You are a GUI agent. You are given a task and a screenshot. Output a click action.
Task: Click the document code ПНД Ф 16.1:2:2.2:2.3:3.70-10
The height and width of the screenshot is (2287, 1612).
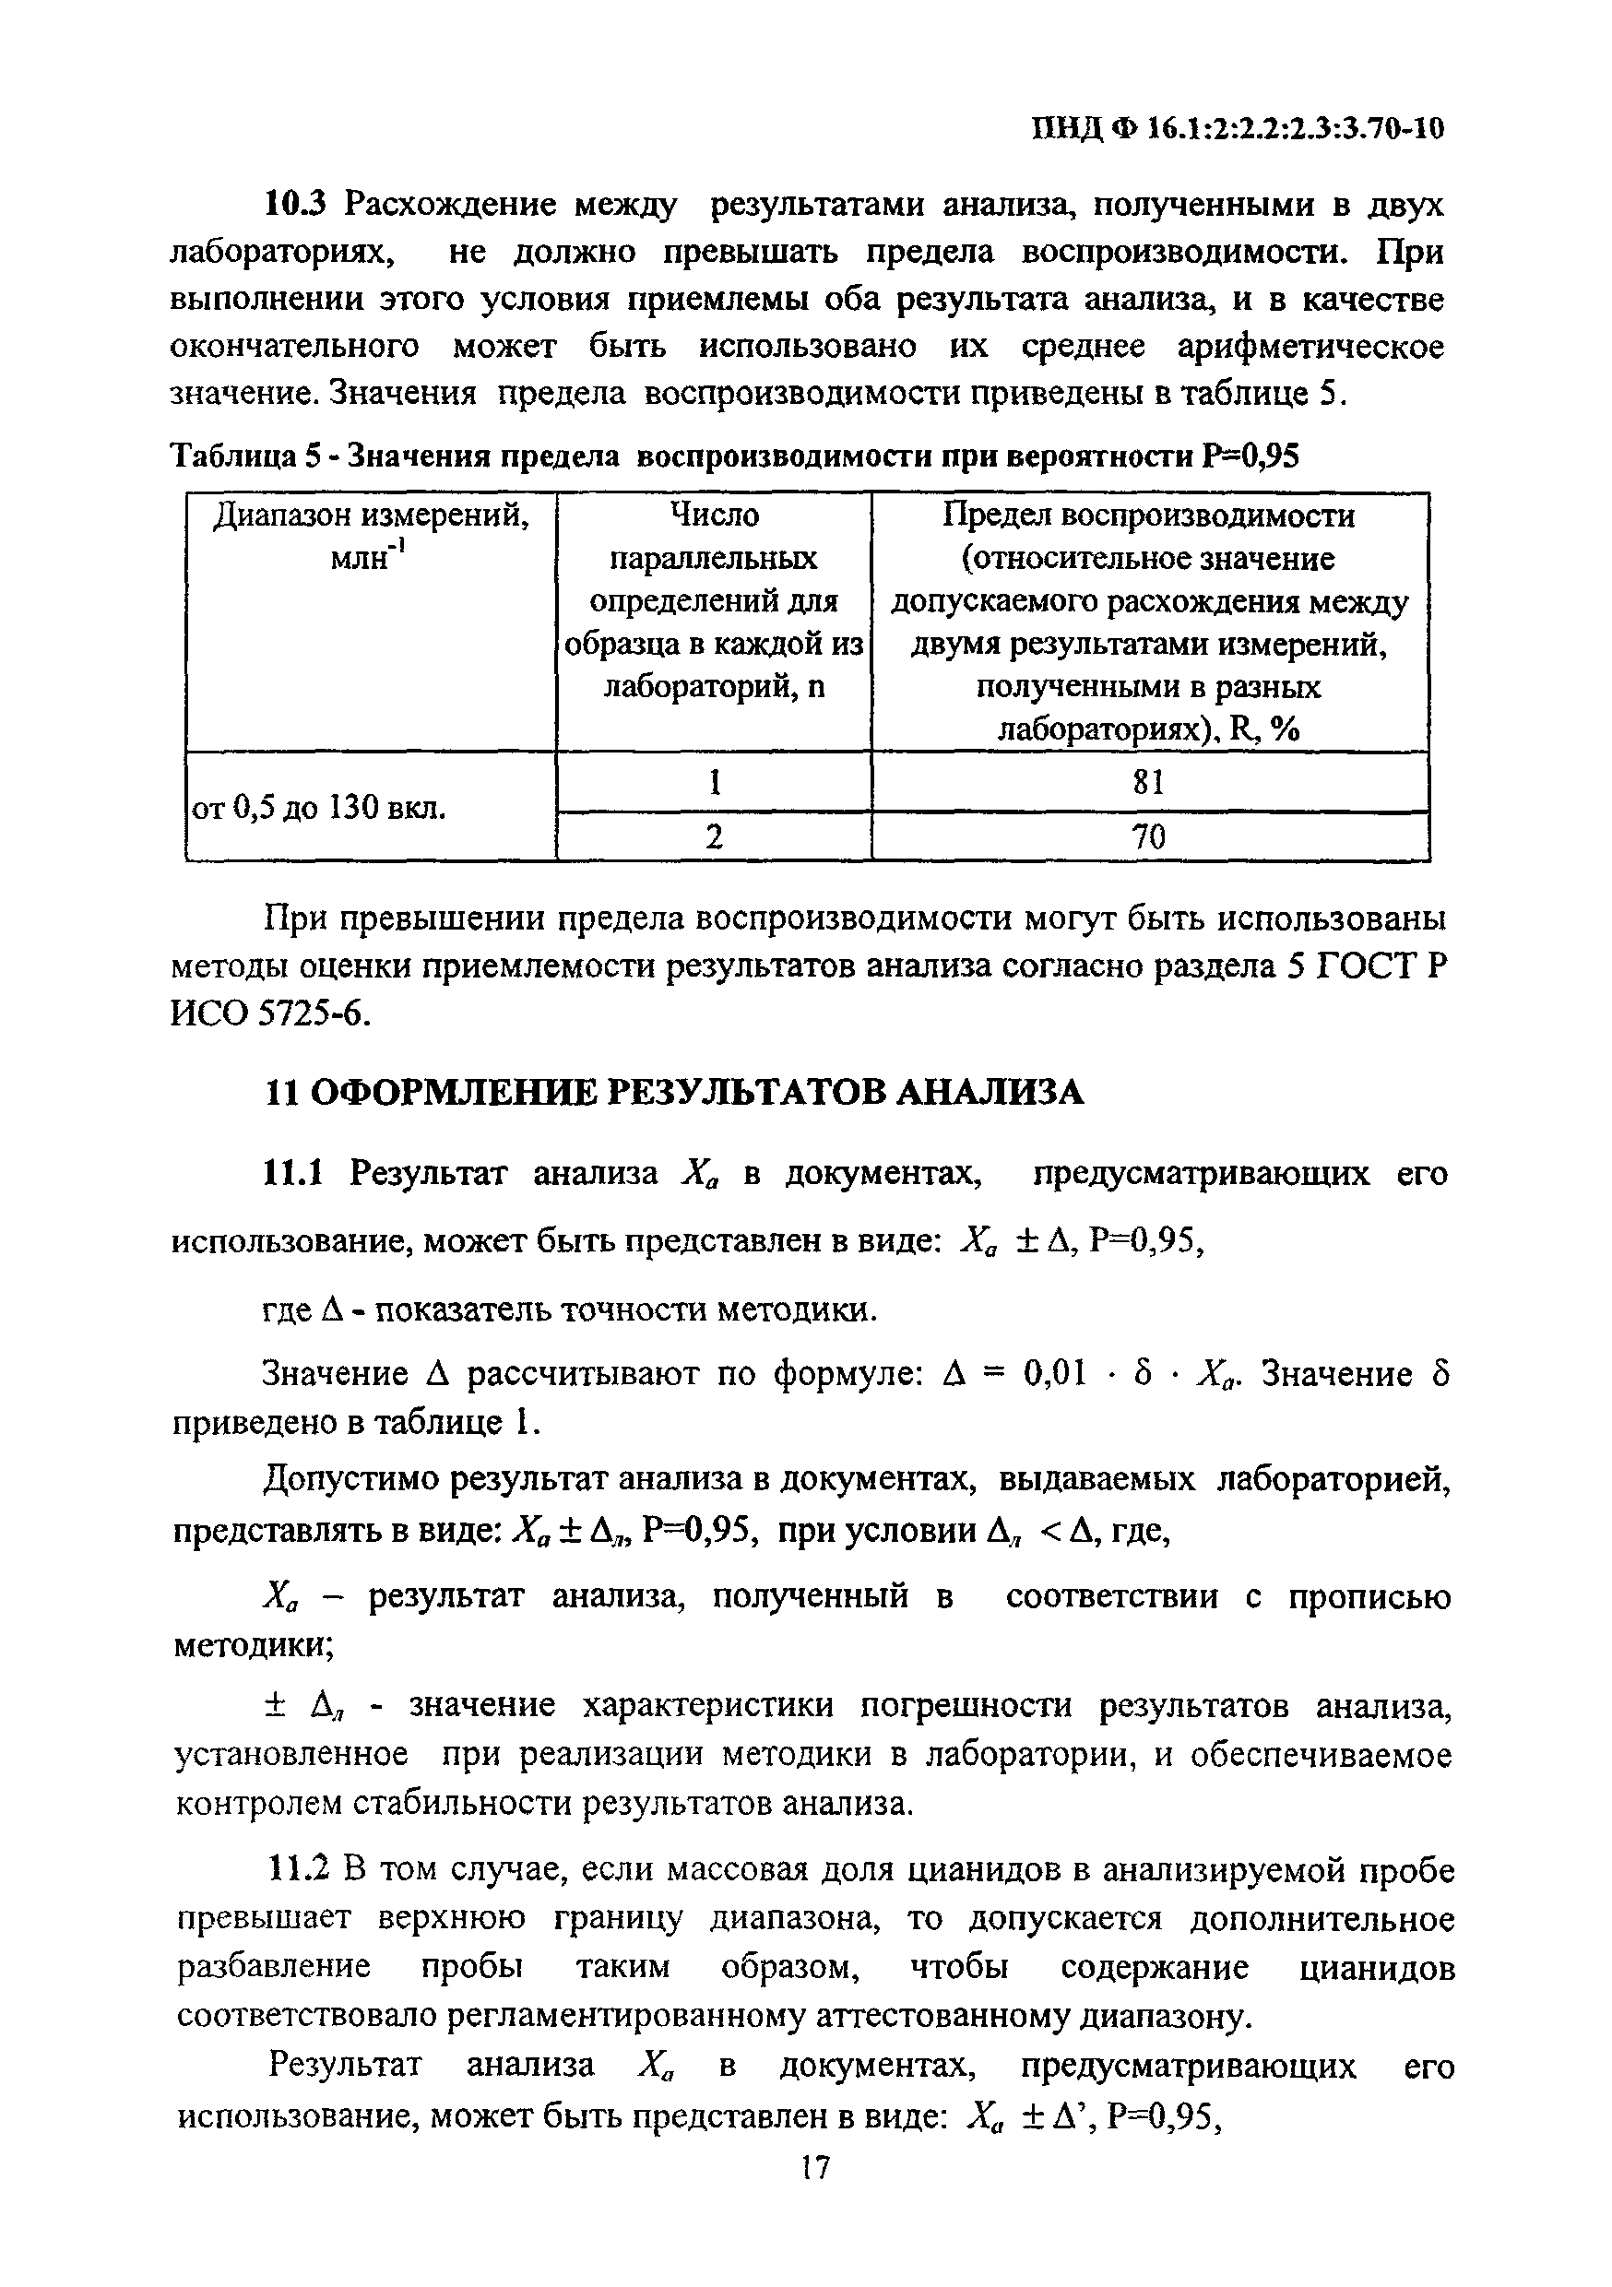(1236, 128)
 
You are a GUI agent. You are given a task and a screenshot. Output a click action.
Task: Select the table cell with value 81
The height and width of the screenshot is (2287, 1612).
(1149, 783)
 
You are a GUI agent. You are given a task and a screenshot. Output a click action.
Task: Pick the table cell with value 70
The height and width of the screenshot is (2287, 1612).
(1149, 836)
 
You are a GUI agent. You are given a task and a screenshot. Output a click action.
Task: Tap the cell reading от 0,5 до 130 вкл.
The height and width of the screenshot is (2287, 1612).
(318, 808)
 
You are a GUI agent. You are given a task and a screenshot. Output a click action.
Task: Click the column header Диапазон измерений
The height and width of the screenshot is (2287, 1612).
(371, 516)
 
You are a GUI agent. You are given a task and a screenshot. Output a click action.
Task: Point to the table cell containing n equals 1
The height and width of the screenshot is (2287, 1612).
(714, 783)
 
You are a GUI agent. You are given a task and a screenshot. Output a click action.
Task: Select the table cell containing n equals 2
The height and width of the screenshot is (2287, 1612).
(714, 836)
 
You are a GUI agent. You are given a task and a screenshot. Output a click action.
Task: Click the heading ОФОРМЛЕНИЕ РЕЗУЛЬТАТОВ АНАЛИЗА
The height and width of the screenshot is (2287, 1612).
(696, 1093)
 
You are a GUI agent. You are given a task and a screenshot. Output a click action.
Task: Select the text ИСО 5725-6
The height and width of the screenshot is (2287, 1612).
(271, 1014)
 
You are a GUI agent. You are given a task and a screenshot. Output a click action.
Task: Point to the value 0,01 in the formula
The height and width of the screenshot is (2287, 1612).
(1054, 1375)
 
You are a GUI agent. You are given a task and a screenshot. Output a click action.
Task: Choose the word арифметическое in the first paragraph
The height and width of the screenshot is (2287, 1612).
(1310, 348)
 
